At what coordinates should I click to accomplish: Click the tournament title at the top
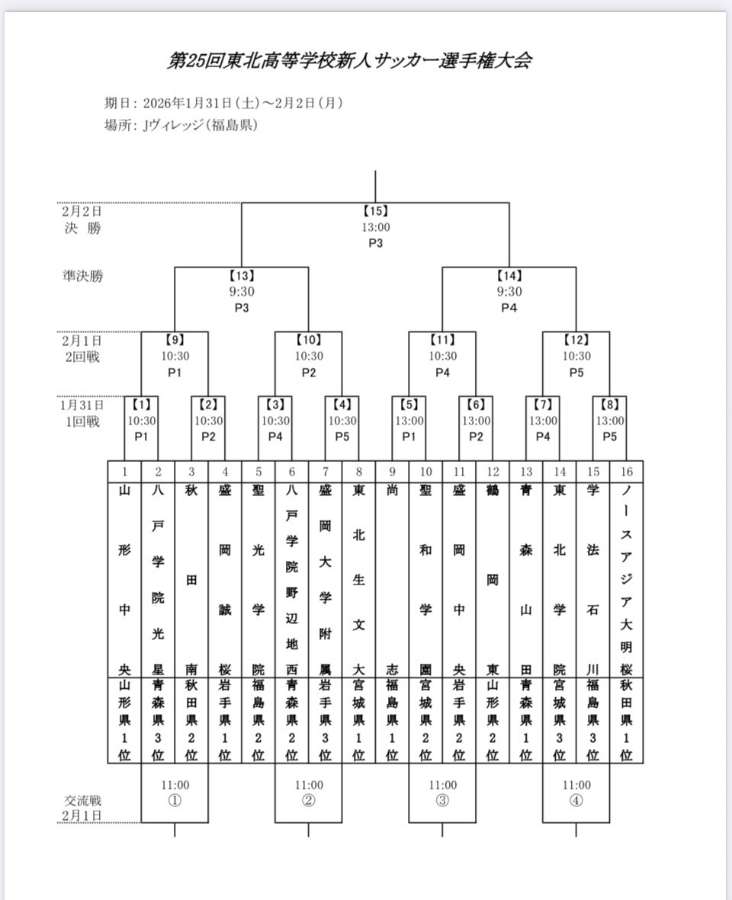tap(348, 61)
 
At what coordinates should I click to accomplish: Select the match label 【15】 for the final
tap(375, 211)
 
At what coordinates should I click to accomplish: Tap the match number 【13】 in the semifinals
tap(242, 276)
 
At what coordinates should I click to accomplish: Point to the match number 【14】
tap(509, 276)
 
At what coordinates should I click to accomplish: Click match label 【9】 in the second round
tap(175, 340)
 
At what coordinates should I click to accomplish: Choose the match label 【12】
tap(576, 340)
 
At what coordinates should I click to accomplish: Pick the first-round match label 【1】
tap(141, 405)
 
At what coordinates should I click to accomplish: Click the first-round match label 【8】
tap(610, 405)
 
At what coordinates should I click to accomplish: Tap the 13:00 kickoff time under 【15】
tap(375, 227)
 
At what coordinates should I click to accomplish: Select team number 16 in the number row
tap(626, 472)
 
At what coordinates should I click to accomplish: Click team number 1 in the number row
tap(125, 472)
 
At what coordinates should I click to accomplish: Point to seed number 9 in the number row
tap(392, 472)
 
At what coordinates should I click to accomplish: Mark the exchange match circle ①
tap(175, 800)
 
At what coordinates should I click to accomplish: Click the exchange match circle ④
tap(576, 800)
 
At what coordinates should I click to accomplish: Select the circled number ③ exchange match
tap(442, 800)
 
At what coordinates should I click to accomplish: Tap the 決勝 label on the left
tap(82, 228)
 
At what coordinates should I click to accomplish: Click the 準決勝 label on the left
tap(82, 276)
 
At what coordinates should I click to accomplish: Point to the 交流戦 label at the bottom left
tap(82, 801)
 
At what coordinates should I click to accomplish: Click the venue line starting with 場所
tap(181, 125)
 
